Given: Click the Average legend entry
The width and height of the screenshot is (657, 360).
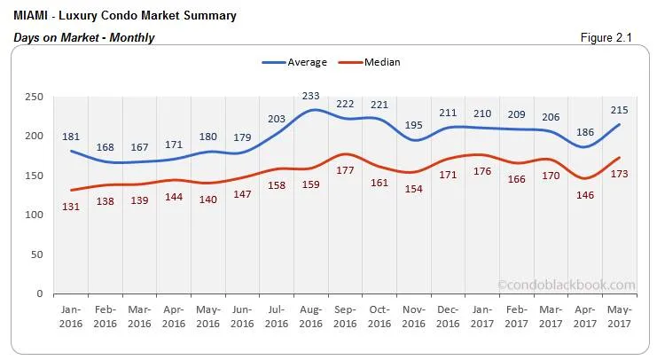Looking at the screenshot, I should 295,62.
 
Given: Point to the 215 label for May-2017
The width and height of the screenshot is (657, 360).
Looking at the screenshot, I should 620,110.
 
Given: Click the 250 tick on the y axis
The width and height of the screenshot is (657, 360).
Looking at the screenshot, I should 34,97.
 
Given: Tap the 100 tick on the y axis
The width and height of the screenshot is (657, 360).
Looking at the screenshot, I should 34,215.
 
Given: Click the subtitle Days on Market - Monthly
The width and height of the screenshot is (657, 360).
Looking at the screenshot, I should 84,37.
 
